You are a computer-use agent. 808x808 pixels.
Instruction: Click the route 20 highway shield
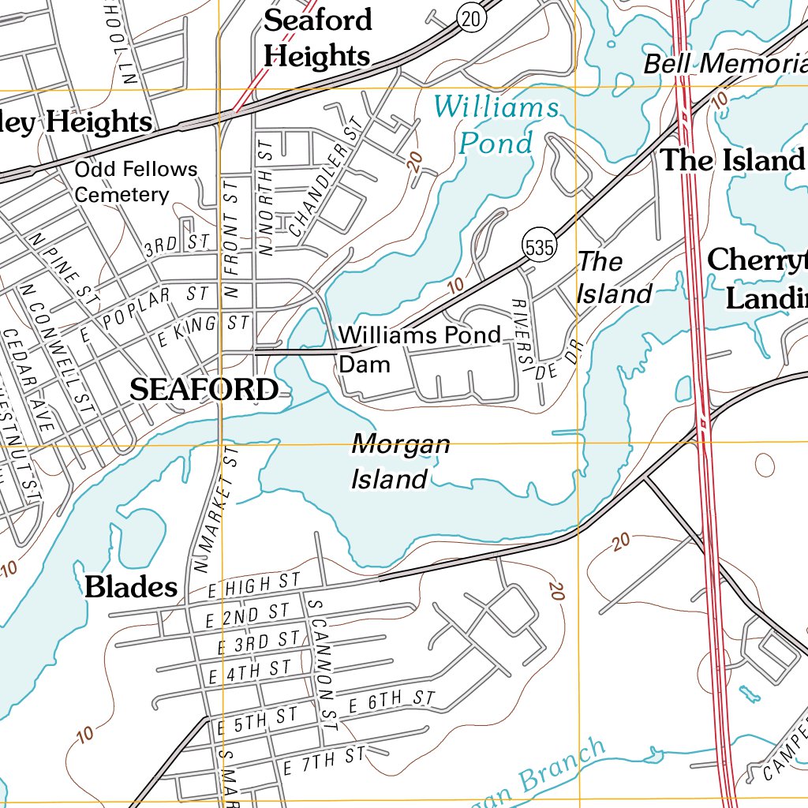[471, 20]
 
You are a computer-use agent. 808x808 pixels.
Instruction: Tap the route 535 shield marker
[538, 247]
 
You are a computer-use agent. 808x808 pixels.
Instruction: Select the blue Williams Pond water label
[496, 125]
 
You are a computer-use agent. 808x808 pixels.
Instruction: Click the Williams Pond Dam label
[419, 349]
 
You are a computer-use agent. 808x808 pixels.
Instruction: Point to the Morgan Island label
[399, 462]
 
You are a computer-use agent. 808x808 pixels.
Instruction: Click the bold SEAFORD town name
[204, 389]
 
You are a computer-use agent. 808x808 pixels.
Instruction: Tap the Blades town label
[131, 587]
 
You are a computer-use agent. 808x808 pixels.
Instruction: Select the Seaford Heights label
[317, 38]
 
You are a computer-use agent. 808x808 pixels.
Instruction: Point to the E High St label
[254, 585]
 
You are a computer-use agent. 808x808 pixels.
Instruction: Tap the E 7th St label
[324, 760]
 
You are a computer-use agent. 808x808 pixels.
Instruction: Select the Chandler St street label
[323, 188]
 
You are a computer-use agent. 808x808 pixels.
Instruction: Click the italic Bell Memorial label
[725, 63]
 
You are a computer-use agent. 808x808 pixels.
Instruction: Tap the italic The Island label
[613, 278]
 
